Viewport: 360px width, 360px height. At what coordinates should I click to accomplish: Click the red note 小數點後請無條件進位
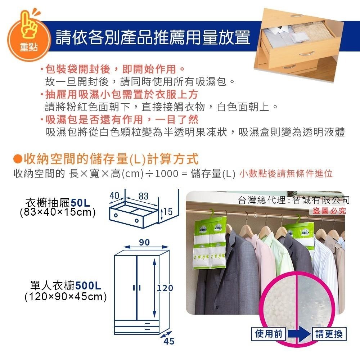pos(285,174)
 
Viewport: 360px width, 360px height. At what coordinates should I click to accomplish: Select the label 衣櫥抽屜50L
pos(60,202)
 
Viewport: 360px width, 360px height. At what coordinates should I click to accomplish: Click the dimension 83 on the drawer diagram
pos(143,196)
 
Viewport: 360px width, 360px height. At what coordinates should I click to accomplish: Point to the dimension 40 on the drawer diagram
pos(114,196)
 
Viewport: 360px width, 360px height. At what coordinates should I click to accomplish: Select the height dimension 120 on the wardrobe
pos(165,288)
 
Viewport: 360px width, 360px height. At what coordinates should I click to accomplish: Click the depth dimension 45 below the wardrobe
pos(168,341)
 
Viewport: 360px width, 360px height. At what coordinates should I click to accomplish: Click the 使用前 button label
pos(268,334)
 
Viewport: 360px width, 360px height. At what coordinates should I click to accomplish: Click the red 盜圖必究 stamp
pos(328,211)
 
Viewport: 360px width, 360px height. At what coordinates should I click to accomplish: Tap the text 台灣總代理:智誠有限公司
pos(294,200)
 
